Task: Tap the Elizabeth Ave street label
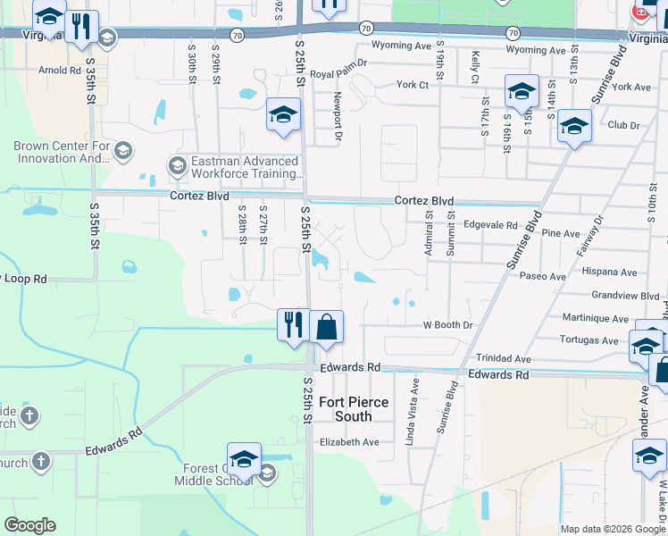click(x=349, y=442)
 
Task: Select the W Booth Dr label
click(x=447, y=326)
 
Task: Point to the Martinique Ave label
click(x=596, y=318)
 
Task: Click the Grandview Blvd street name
click(x=625, y=296)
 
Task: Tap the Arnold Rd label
click(x=60, y=70)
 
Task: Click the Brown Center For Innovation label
click(x=62, y=152)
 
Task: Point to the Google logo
click(x=29, y=525)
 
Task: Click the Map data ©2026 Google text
click(x=612, y=529)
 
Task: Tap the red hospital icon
click(x=640, y=12)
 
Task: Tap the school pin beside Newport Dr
click(x=283, y=116)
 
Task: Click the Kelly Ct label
click(x=475, y=67)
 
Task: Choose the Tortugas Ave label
click(x=589, y=340)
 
